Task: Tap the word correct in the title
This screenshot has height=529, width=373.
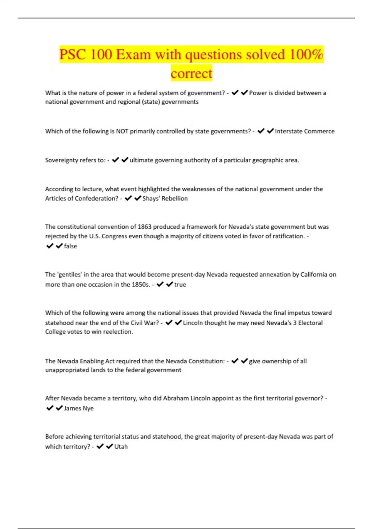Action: (191, 73)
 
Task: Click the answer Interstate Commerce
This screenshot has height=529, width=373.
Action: (305, 131)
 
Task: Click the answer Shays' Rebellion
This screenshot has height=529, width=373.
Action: (165, 199)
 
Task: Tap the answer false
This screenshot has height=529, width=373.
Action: (71, 246)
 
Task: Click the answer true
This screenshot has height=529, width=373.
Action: (180, 284)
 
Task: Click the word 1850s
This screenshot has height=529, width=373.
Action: (141, 284)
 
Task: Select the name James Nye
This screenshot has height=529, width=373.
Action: (79, 408)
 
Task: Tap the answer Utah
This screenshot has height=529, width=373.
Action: (121, 447)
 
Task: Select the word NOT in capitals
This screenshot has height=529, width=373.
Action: (122, 131)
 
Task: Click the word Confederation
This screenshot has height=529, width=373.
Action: (96, 199)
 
